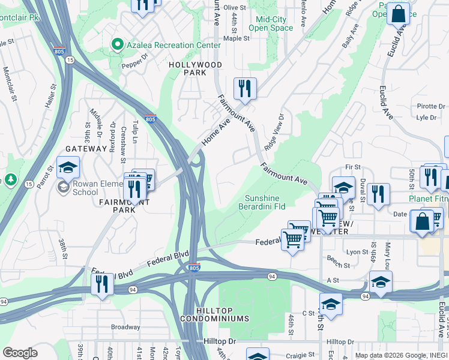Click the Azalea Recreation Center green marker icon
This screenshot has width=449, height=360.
[x=117, y=45]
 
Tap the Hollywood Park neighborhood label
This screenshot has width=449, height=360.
[x=195, y=68]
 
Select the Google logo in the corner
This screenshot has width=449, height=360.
[x=20, y=353]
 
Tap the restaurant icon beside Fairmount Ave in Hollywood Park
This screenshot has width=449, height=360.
[x=245, y=88]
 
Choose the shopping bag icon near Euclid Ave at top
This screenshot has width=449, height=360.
[x=398, y=13]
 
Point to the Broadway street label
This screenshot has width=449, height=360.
[x=125, y=327]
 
